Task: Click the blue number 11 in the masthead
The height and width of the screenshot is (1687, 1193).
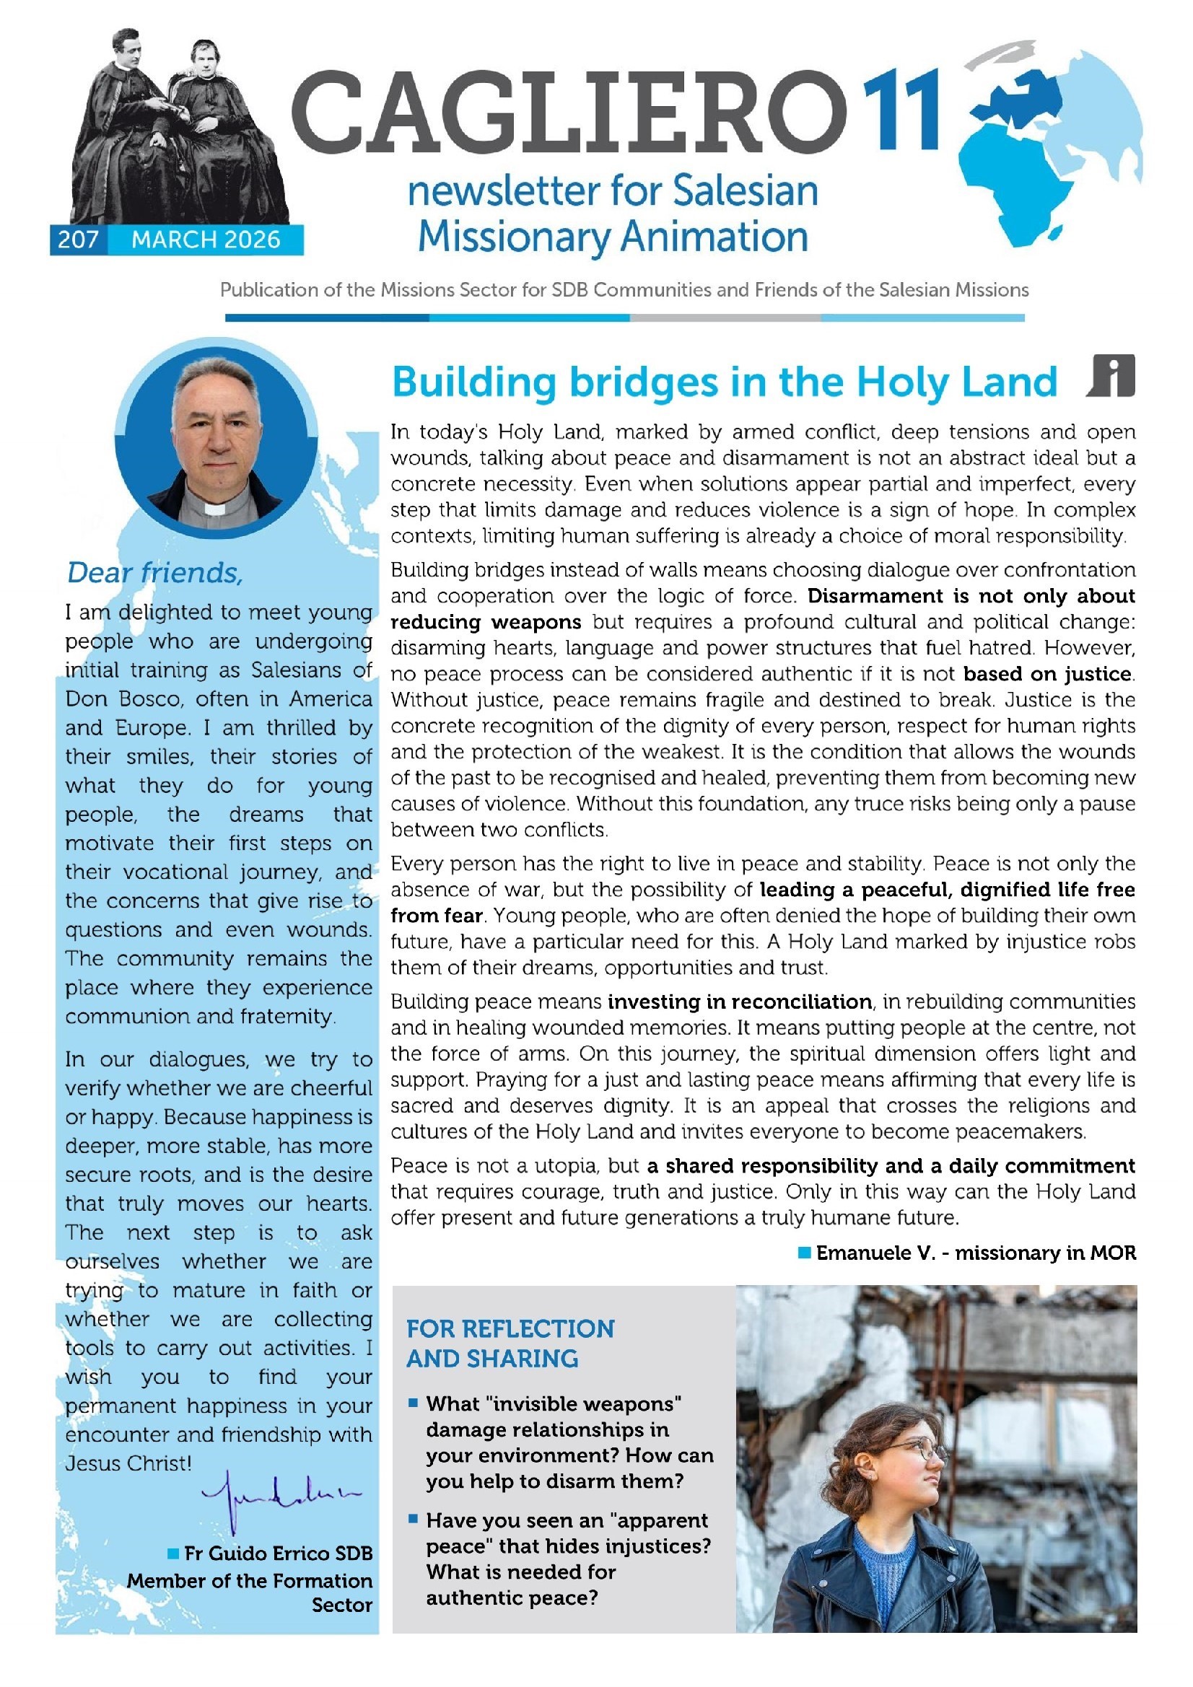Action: click(901, 110)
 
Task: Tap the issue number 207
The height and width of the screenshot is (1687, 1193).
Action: click(78, 240)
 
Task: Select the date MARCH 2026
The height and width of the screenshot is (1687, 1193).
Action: click(206, 240)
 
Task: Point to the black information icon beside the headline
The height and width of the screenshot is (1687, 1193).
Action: click(1112, 375)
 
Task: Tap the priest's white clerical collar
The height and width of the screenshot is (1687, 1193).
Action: click(214, 508)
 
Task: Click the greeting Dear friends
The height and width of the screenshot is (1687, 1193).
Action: click(154, 572)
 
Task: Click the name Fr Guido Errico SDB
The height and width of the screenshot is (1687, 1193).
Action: click(278, 1554)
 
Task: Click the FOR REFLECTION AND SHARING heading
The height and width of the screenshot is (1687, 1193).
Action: click(510, 1343)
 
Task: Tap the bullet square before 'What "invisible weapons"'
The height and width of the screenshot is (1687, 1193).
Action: click(413, 1403)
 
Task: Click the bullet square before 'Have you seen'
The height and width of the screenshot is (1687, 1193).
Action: click(413, 1519)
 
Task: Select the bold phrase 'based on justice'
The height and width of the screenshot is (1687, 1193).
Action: click(1048, 674)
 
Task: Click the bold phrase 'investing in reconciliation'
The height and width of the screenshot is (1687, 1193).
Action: click(740, 1002)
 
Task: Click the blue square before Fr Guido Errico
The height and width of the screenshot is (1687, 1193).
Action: click(173, 1554)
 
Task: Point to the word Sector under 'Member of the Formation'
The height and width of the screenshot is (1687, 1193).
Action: click(342, 1605)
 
